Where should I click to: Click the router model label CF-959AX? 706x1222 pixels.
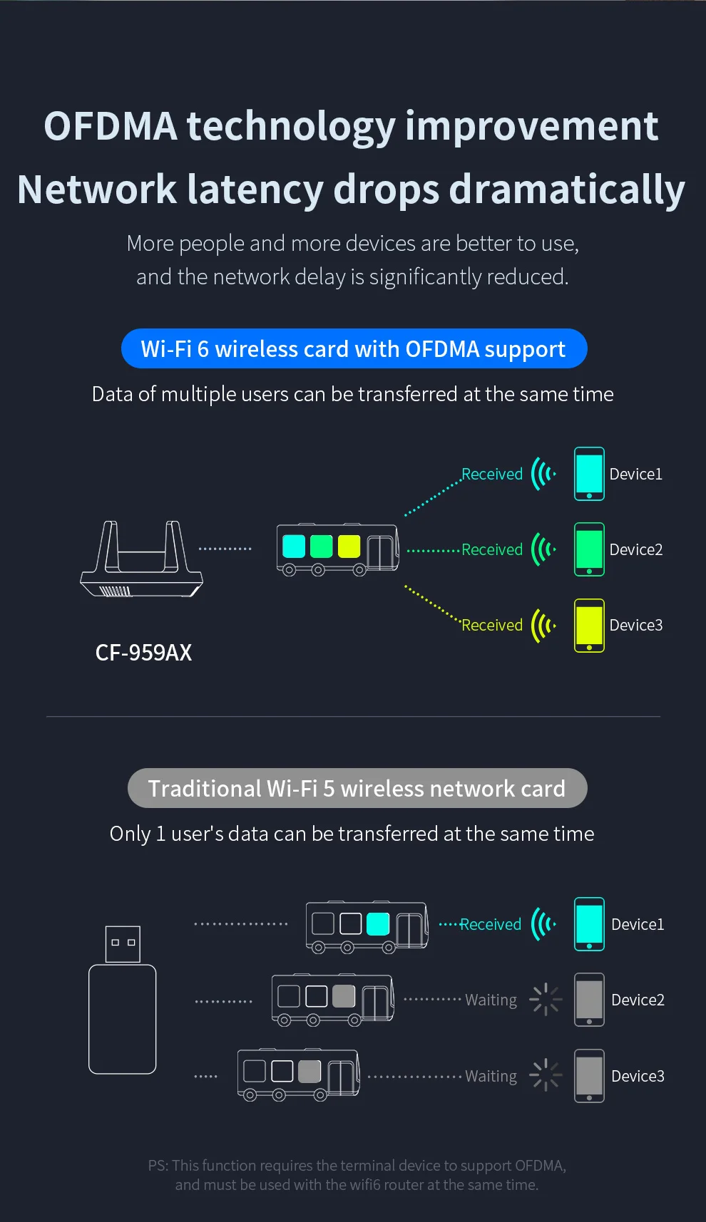[143, 652]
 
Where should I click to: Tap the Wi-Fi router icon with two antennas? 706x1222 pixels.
[141, 560]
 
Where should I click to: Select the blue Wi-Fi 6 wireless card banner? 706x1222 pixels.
[354, 348]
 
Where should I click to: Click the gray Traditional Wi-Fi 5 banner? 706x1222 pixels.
[357, 788]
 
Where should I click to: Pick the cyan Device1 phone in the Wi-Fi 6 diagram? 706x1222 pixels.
[589, 474]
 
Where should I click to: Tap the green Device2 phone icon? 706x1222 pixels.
[589, 549]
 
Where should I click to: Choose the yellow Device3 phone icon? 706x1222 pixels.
[589, 625]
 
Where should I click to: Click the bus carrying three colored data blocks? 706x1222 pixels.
[337, 549]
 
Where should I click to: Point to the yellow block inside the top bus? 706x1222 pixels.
[349, 547]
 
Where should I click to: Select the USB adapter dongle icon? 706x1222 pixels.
[122, 1000]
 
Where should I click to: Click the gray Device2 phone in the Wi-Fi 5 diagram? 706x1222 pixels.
[589, 1000]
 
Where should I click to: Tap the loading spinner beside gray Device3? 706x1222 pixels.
[546, 1075]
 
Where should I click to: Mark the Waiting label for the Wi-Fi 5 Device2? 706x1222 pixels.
[491, 1000]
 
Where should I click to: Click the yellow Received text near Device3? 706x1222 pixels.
[492, 625]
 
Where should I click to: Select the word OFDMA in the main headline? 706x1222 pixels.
[110, 126]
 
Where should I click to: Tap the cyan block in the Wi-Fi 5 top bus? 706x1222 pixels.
[378, 923]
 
